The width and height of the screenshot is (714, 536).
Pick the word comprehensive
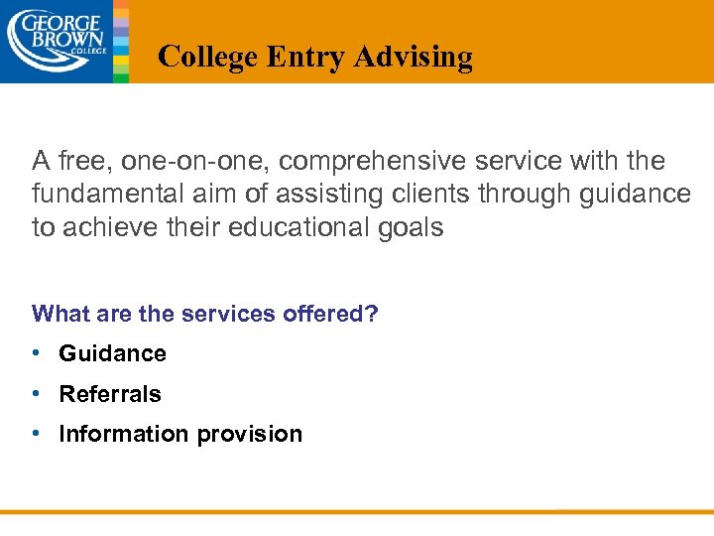[x=354, y=161]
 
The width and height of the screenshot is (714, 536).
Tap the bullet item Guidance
[x=112, y=353]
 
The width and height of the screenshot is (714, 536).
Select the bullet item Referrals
[x=109, y=394]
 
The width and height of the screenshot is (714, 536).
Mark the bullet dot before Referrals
[x=36, y=394]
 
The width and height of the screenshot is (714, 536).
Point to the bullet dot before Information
[x=36, y=434]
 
